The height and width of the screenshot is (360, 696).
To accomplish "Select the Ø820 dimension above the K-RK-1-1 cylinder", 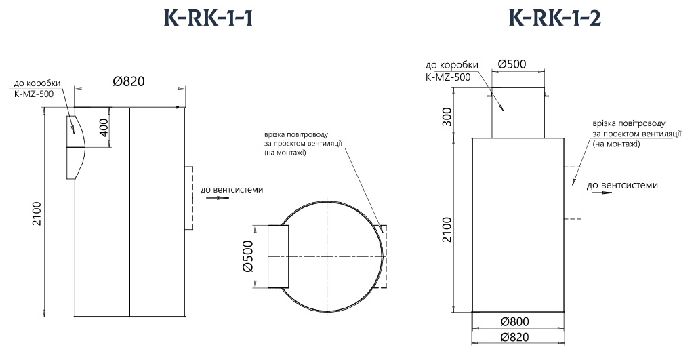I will click(x=129, y=81).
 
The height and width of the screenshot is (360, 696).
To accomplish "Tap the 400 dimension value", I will click(x=104, y=128).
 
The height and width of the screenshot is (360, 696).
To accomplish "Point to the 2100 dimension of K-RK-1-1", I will click(x=37, y=214).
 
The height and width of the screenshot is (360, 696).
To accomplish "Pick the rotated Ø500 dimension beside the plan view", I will click(x=248, y=256).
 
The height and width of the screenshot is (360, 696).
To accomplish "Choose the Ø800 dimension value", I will click(x=516, y=321).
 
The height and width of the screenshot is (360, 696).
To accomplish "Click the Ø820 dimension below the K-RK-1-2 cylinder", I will click(x=516, y=337).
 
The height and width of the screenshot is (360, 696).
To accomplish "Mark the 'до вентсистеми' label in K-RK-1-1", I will click(x=232, y=189).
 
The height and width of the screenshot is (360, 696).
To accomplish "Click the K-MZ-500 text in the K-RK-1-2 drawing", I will click(x=447, y=77).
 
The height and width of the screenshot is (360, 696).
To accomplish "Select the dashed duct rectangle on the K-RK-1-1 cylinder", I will click(x=190, y=197).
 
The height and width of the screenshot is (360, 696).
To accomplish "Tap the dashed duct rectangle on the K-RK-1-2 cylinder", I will click(x=573, y=193).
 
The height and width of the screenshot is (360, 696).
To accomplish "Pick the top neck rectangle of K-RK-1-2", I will click(x=518, y=113).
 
